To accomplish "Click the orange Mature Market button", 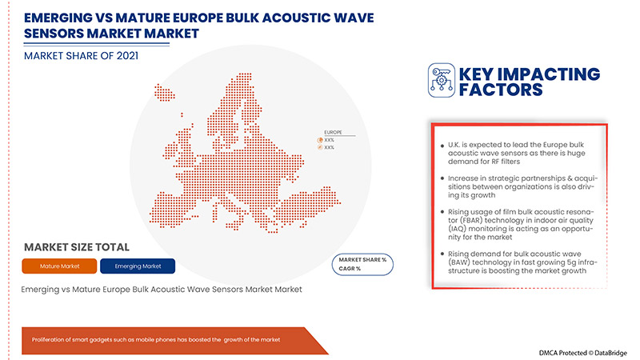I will [x=60, y=266].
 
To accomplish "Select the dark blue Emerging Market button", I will [x=138, y=266].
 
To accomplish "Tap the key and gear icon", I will [x=440, y=80].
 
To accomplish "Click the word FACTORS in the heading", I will [x=500, y=90].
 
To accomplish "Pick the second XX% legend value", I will [x=330, y=147].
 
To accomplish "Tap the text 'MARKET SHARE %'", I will [x=362, y=260].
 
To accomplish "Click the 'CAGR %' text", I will [x=350, y=269].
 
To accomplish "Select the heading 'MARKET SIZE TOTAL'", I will [x=77, y=246].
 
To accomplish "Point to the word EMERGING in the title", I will [x=61, y=18].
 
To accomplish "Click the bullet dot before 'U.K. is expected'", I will [x=442, y=144].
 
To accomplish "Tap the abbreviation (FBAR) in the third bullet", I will [x=461, y=220].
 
